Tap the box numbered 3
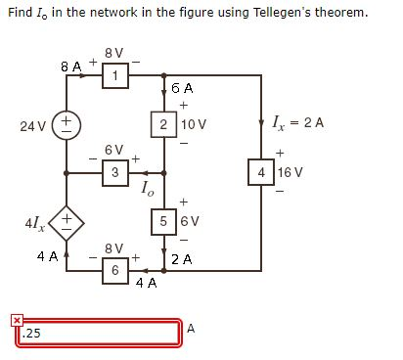115,173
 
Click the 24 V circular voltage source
67,125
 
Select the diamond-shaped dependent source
67,222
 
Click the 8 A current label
71,67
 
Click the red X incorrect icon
17,320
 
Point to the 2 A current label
180,260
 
